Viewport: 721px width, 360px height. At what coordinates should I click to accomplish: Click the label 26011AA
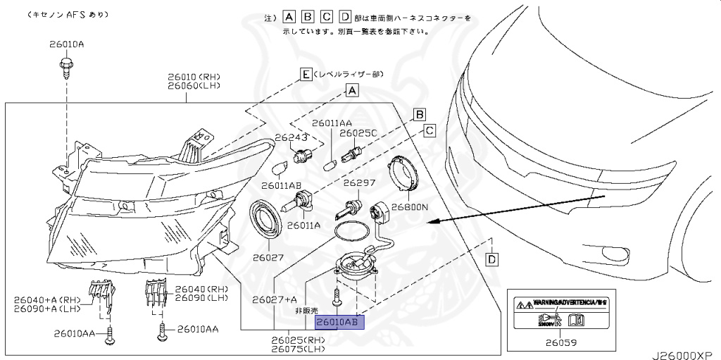coord(332,123)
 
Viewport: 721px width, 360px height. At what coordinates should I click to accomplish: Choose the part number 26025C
coord(358,132)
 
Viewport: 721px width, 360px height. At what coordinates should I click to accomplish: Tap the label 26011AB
coord(282,186)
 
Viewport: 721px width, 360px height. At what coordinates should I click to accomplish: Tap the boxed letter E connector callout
coord(305,74)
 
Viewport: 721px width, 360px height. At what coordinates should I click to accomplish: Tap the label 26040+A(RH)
coord(47,299)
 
